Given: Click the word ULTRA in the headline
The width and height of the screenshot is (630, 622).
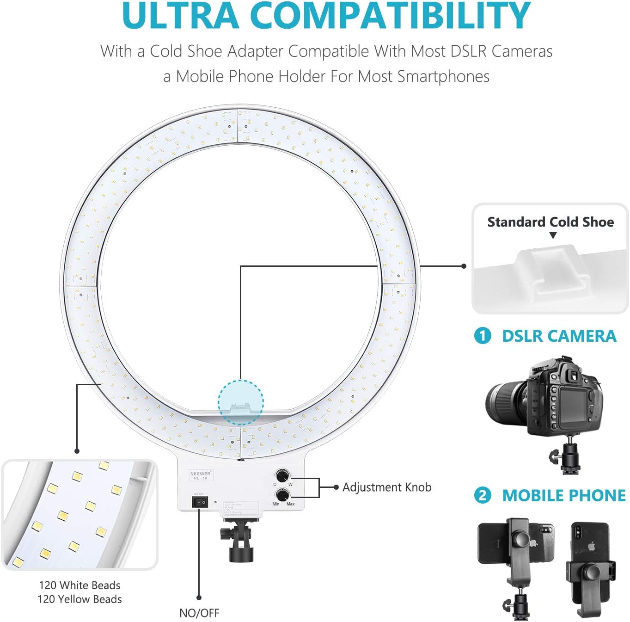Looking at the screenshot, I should [x=181, y=16].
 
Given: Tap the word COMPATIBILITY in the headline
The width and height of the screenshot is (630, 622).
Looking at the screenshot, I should [x=390, y=16].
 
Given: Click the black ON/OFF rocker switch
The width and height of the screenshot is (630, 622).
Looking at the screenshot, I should [x=200, y=502].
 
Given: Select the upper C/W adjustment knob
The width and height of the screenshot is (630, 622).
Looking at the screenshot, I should [x=282, y=476].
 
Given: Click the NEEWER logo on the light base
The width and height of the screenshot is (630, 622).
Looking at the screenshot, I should [x=200, y=474].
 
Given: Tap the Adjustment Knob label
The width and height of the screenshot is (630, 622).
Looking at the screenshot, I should [x=387, y=487].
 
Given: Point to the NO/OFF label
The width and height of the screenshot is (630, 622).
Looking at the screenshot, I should [x=199, y=613].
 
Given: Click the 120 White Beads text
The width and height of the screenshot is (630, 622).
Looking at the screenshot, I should [x=80, y=585].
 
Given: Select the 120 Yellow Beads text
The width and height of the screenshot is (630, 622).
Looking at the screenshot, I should [x=80, y=599].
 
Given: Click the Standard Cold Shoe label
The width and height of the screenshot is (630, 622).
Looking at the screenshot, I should [x=550, y=222].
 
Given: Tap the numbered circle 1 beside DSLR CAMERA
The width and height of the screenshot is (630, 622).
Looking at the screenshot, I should [x=483, y=336].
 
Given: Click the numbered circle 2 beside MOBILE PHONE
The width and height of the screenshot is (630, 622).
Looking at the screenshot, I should [x=483, y=495].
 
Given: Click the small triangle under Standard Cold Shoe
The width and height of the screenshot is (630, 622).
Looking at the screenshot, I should [x=553, y=235].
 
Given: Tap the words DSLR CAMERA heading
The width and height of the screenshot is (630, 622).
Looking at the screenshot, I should [x=559, y=336].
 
